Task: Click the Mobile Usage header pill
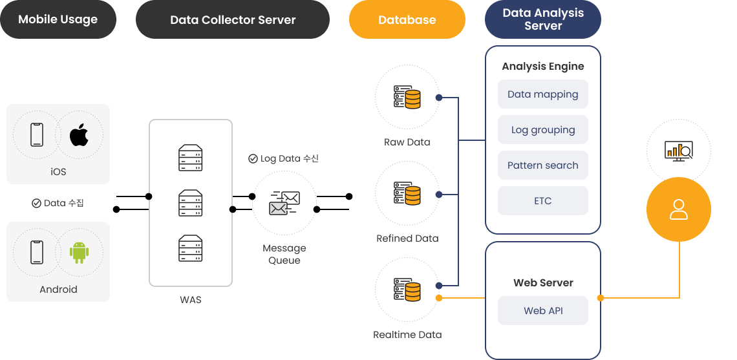coord(58,19)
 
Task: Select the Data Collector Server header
coord(233,19)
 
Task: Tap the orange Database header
coord(407,19)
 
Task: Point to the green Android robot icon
coord(80,252)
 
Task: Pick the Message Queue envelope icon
coord(284,202)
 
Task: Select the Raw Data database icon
coord(407,97)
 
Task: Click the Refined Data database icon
coord(407,193)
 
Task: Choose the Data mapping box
coord(543,94)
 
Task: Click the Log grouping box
coord(543,130)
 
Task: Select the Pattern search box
coord(543,165)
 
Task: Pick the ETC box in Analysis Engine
coord(543,201)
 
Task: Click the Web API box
coord(543,311)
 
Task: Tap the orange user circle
coord(679,209)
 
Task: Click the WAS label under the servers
coord(191,300)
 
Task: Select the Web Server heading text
coord(543,282)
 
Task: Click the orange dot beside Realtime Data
coord(439,298)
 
